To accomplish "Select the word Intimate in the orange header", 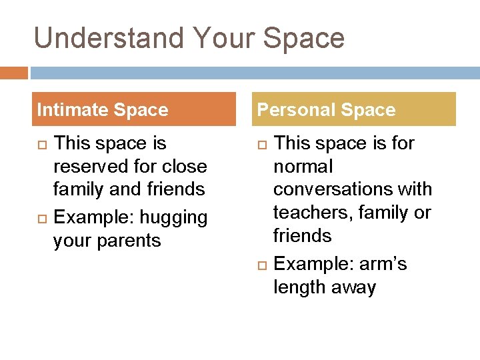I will [73, 110].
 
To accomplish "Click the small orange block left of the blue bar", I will [13, 73].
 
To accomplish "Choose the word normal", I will [303, 167].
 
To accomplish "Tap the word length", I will [299, 287].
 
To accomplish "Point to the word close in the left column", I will [184, 167].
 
